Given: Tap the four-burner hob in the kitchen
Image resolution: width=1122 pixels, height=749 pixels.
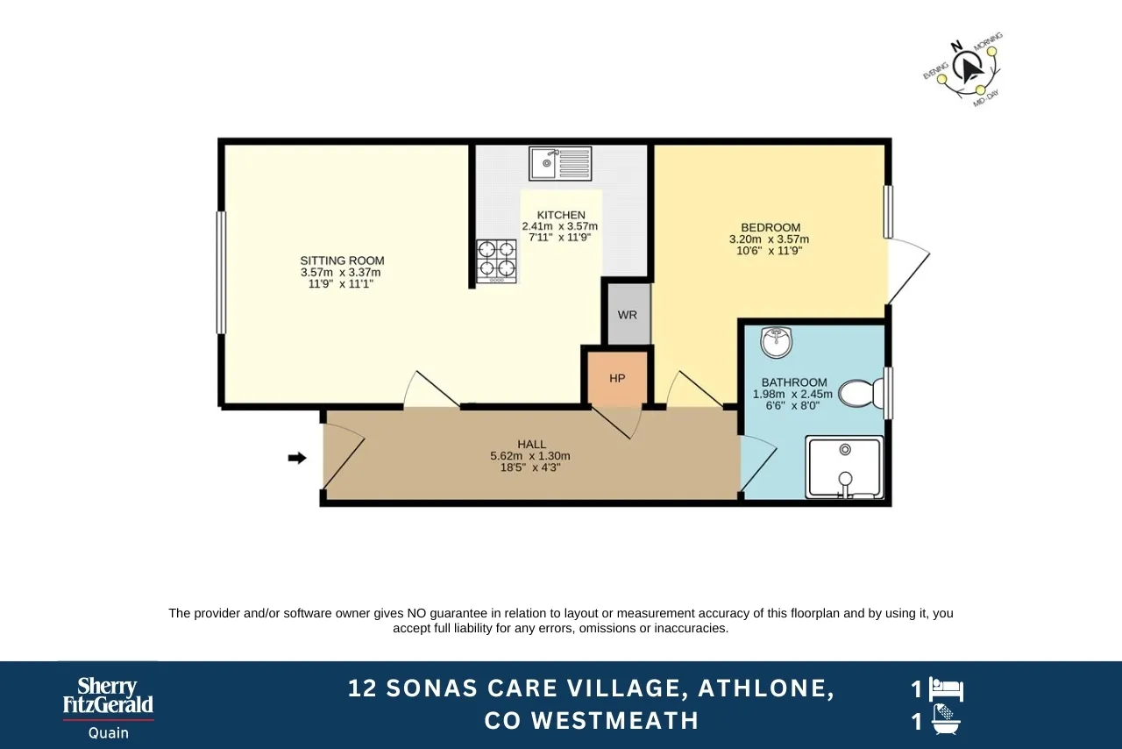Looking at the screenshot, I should click(496, 260).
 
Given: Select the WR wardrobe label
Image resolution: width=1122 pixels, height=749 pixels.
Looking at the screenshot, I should click(628, 315).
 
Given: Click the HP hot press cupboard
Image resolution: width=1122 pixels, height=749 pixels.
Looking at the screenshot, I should click(617, 378).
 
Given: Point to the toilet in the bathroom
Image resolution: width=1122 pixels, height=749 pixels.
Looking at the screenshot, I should click(861, 394).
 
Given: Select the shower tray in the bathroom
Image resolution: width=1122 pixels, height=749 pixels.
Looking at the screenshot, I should click(845, 467).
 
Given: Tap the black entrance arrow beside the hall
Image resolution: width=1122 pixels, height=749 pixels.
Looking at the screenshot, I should click(298, 457).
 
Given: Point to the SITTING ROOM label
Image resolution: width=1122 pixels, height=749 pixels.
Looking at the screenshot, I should click(342, 260).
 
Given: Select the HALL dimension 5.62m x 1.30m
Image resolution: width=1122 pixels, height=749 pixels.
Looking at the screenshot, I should click(530, 456).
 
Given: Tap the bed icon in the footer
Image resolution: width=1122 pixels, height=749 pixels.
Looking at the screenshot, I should click(947, 689).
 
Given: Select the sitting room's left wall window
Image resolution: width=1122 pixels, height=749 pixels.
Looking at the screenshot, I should click(221, 272).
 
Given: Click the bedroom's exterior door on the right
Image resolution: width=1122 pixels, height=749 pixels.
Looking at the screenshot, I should click(908, 272).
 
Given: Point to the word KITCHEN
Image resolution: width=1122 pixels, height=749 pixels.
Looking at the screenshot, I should click(561, 215).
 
